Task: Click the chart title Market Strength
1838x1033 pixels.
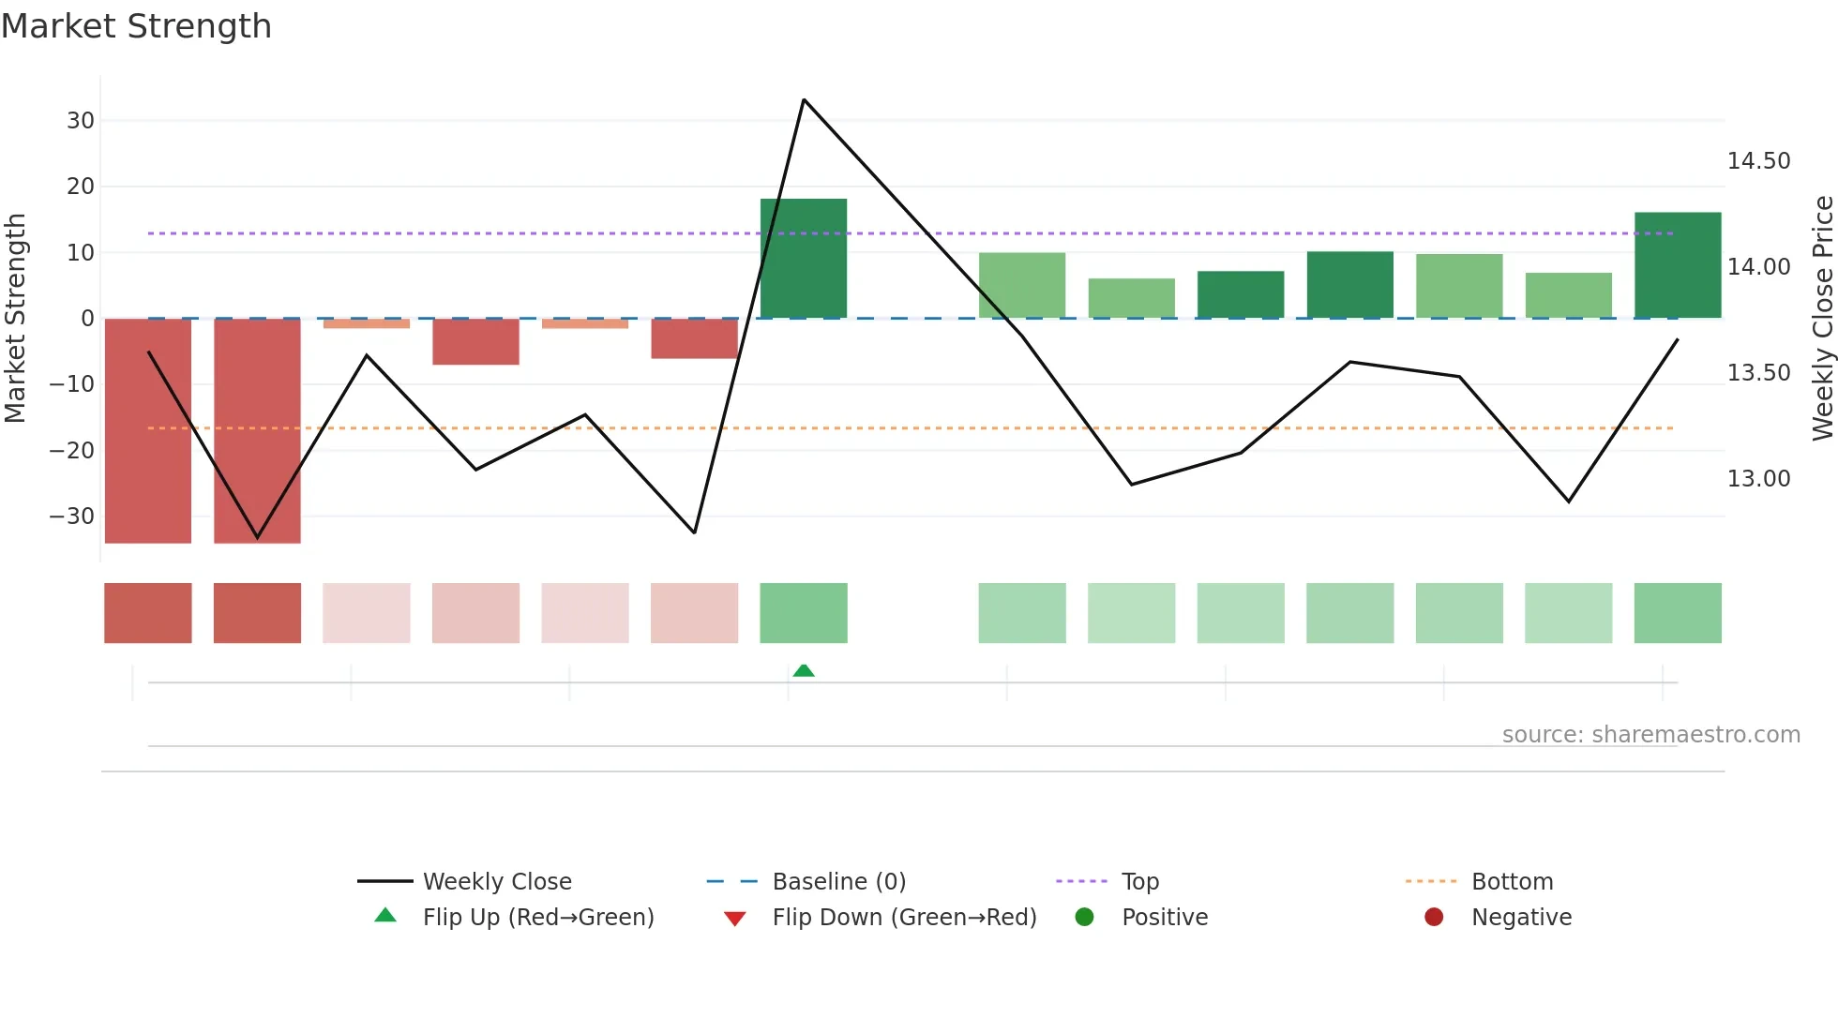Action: coord(136,26)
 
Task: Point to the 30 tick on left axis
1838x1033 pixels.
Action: coord(81,121)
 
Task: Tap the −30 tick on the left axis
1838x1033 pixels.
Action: coord(72,516)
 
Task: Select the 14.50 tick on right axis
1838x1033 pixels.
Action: coord(1758,161)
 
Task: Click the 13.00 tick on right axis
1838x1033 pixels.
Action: coord(1758,479)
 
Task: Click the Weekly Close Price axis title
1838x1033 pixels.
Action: coord(1822,318)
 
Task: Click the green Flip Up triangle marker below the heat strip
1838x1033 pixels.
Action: coord(804,670)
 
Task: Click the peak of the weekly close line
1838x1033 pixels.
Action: coord(804,99)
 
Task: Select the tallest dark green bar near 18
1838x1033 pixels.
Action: coord(804,258)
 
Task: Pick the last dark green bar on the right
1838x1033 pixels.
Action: coord(1678,265)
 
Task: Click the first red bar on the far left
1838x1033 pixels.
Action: coord(148,430)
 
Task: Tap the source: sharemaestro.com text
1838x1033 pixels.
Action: coord(1650,735)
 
